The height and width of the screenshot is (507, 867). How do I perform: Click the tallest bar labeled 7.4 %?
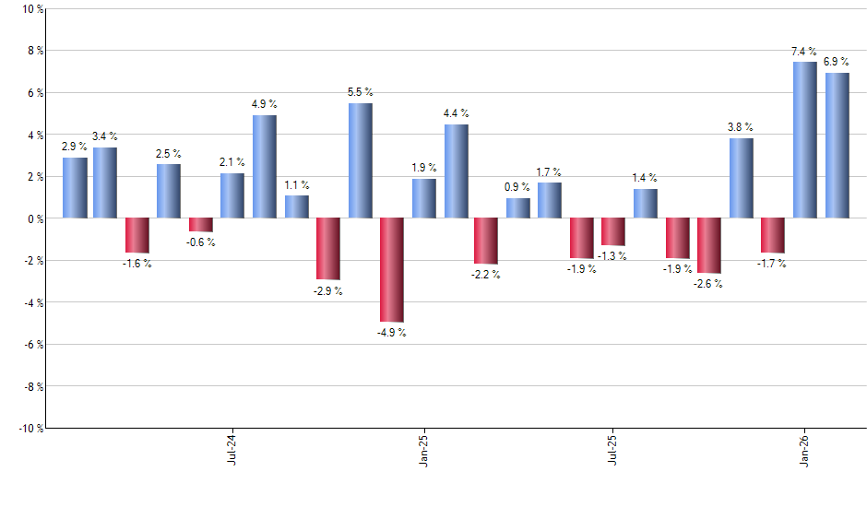click(x=805, y=140)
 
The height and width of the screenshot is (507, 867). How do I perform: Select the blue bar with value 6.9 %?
click(x=837, y=146)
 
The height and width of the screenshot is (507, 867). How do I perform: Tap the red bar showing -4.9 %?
click(x=392, y=269)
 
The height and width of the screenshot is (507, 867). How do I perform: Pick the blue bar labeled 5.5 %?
click(x=361, y=160)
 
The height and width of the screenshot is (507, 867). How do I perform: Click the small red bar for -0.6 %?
click(x=201, y=225)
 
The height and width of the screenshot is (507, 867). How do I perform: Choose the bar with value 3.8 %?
click(x=741, y=178)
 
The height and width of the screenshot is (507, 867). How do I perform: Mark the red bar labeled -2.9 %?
click(x=328, y=249)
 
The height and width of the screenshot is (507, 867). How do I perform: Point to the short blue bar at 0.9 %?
click(x=518, y=208)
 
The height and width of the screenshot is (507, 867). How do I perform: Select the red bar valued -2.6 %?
click(x=709, y=245)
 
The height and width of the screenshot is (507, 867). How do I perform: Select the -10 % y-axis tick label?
click(x=30, y=428)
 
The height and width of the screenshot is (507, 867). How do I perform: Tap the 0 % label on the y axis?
click(x=35, y=218)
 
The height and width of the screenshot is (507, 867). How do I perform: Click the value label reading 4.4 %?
click(x=456, y=113)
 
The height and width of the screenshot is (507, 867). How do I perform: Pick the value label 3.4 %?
click(x=105, y=136)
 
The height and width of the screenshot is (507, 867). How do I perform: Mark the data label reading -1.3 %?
click(x=613, y=255)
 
